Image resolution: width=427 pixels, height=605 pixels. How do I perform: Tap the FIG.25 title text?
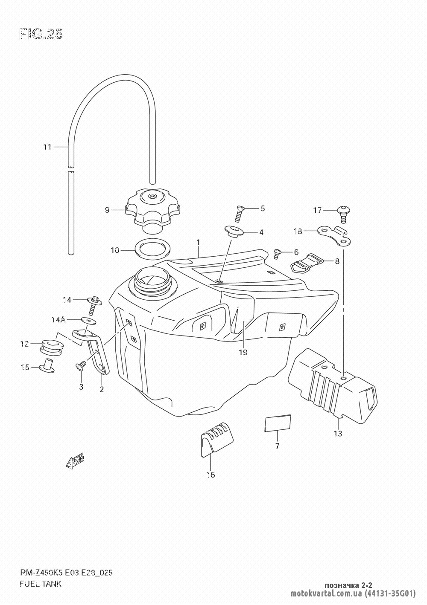(x=41, y=35)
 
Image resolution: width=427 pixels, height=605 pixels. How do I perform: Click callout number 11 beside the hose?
(x=47, y=147)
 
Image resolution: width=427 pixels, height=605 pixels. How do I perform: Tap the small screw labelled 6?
(x=277, y=254)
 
